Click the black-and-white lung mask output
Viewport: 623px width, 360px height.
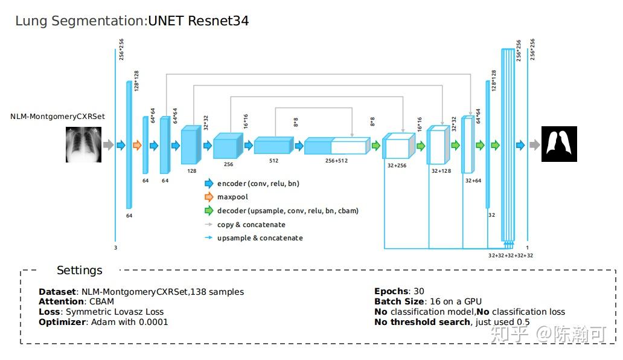[559, 144]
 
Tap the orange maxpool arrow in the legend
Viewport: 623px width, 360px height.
[209, 197]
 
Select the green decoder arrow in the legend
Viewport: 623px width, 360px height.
[209, 211]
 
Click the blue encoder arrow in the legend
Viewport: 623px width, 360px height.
[209, 184]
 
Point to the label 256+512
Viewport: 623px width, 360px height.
[336, 161]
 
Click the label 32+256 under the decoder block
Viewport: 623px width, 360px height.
[396, 165]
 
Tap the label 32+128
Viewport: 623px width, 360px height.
[441, 171]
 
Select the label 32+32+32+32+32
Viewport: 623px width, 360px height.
[511, 256]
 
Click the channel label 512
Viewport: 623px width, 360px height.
[273, 161]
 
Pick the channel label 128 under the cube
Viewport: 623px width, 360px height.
[192, 171]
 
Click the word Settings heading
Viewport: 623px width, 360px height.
[80, 270]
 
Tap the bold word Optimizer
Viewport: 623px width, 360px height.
[63, 322]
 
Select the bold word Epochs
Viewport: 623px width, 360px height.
[391, 291]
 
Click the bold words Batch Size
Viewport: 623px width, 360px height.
[399, 301]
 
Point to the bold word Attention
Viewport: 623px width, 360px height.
[62, 301]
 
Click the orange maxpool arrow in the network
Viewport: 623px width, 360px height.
[136, 145]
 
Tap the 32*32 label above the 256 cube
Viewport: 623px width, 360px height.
[206, 123]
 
